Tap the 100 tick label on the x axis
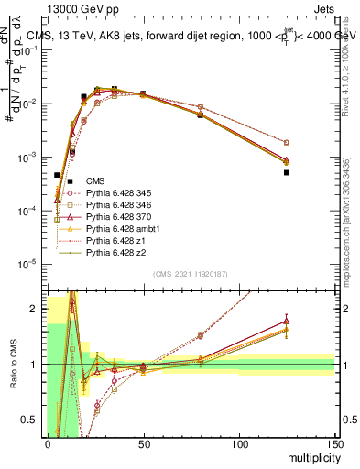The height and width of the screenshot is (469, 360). point(238,443)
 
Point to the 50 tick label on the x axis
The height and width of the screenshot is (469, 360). point(143,443)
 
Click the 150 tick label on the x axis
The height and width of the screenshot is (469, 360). point(333,443)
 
